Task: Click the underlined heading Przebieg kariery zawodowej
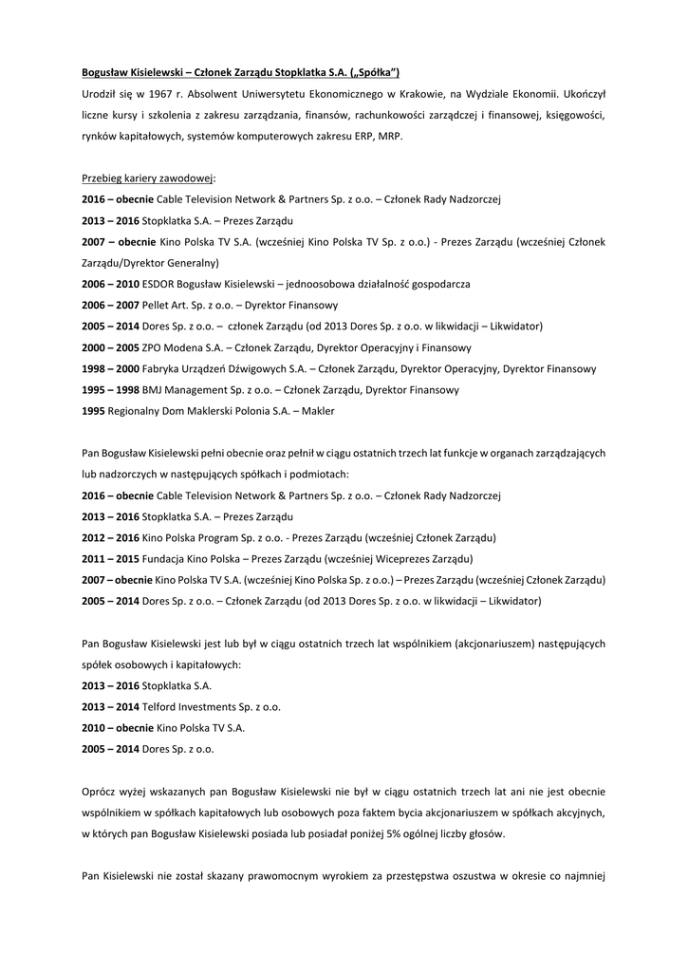coord(148,178)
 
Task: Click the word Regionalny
coord(137,410)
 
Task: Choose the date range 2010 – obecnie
coord(118,728)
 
